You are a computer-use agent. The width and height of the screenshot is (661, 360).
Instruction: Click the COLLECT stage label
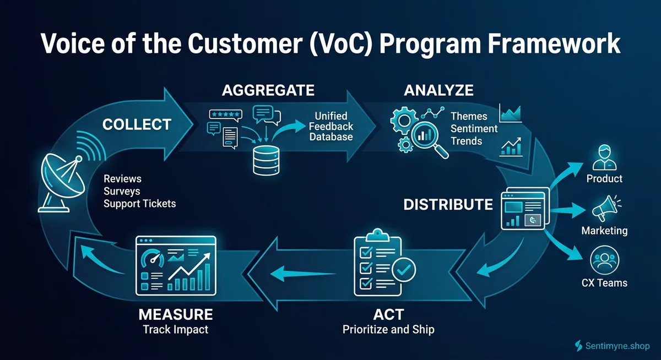click(x=137, y=125)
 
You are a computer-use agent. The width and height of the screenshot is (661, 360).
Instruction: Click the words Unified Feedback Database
click(x=330, y=126)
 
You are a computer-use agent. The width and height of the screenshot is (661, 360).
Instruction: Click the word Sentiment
click(x=474, y=128)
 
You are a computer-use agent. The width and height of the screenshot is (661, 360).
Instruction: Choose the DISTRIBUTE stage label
click(x=448, y=205)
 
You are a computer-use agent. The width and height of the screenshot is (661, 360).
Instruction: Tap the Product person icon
click(x=604, y=157)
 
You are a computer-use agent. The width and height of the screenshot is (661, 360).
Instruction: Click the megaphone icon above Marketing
click(x=604, y=210)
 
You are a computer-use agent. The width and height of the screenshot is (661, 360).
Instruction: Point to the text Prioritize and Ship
click(x=388, y=330)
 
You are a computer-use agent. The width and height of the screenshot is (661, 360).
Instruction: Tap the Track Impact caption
click(x=175, y=330)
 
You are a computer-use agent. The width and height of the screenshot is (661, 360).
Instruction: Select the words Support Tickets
click(x=140, y=203)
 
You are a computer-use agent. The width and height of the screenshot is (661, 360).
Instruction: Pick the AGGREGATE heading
click(x=268, y=90)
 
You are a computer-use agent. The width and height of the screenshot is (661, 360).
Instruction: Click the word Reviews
click(x=122, y=179)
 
